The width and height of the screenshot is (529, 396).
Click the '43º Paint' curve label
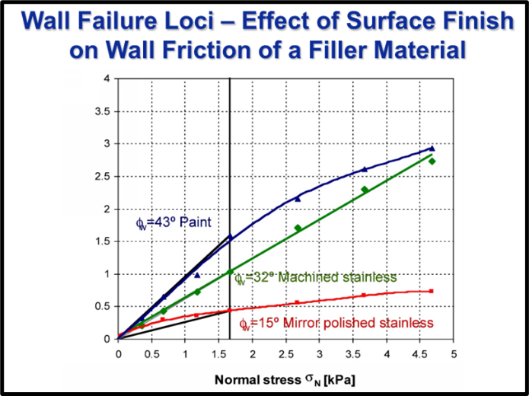pyautogui.click(x=172, y=222)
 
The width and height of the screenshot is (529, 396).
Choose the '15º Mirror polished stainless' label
pyautogui.click(x=336, y=324)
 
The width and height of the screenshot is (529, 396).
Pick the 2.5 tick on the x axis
pyautogui.click(x=285, y=354)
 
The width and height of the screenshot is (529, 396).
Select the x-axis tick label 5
pyautogui.click(x=453, y=354)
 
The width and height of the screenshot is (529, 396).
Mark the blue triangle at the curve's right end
pyautogui.click(x=432, y=148)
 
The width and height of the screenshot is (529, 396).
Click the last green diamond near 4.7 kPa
pyautogui.click(x=432, y=161)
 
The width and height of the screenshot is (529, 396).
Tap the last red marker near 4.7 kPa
pyautogui.click(x=432, y=291)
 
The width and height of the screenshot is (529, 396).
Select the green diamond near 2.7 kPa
pyautogui.click(x=298, y=228)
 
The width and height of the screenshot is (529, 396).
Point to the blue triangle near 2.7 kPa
pyautogui.click(x=298, y=198)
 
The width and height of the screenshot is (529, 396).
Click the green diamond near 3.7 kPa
pyautogui.click(x=365, y=190)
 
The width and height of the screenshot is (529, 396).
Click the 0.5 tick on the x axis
pyautogui.click(x=151, y=354)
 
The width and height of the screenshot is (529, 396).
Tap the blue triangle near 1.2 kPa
pyautogui.click(x=196, y=275)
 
